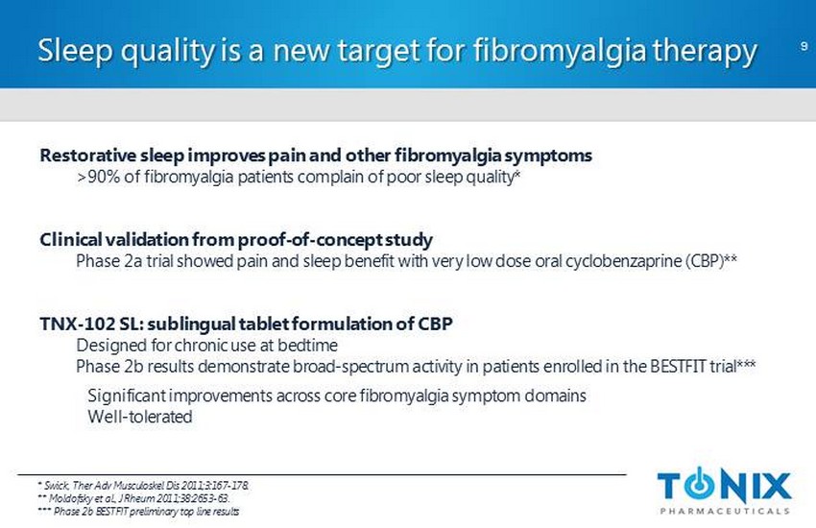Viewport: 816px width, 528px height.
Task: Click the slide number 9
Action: tap(804, 46)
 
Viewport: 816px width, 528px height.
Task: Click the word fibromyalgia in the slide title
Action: tap(560, 52)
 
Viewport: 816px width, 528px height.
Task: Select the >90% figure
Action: tap(99, 177)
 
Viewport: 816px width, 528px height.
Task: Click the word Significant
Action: tap(127, 396)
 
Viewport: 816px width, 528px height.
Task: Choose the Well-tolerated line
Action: tap(140, 417)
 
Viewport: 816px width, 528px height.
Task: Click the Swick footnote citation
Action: tap(143, 486)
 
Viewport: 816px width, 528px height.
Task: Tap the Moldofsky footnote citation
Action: tap(133, 498)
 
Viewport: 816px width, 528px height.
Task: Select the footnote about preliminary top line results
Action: tap(138, 512)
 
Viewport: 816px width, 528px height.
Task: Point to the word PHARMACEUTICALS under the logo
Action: tap(725, 511)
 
